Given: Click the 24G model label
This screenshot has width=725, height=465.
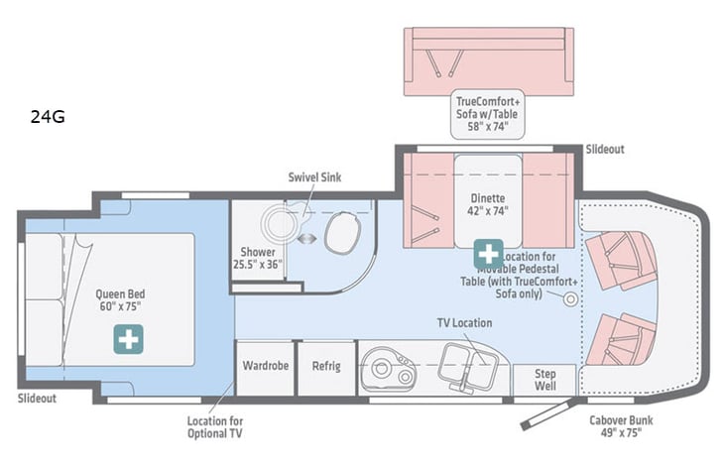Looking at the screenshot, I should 47,117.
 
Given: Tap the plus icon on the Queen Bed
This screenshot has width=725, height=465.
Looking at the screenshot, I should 127,338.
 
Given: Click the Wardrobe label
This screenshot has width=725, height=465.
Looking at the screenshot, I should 266,366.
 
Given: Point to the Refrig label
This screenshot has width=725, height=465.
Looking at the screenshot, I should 326,366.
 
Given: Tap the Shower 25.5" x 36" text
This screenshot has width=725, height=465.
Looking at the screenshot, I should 257,259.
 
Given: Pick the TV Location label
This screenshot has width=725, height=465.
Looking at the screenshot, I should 464,323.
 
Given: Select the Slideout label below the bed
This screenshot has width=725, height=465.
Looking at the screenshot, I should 37,399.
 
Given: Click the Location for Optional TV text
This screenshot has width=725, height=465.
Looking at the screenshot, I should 215,426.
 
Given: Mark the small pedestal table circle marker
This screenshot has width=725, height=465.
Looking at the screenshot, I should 571,299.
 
